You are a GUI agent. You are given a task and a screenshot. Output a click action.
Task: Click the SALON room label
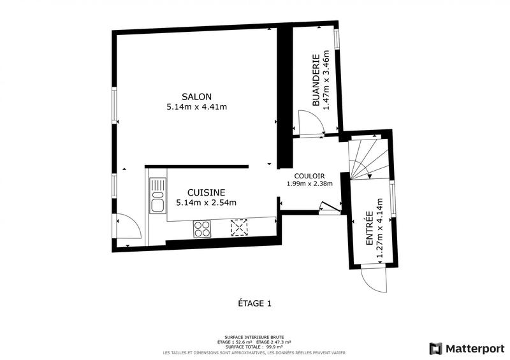click(196, 96)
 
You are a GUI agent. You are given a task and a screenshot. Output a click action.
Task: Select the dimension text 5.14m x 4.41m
click(196, 106)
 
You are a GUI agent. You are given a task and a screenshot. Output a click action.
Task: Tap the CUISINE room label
click(206, 192)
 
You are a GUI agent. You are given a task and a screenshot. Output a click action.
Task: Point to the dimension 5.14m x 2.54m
click(206, 203)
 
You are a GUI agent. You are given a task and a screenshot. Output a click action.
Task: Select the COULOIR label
click(310, 176)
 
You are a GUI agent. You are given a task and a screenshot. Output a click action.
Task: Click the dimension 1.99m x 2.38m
click(310, 185)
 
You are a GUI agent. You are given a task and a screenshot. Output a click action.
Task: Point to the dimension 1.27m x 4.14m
click(380, 229)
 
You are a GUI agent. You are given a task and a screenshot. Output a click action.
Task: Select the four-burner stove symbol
click(203, 228)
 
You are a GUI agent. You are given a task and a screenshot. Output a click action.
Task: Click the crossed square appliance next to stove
click(240, 227)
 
